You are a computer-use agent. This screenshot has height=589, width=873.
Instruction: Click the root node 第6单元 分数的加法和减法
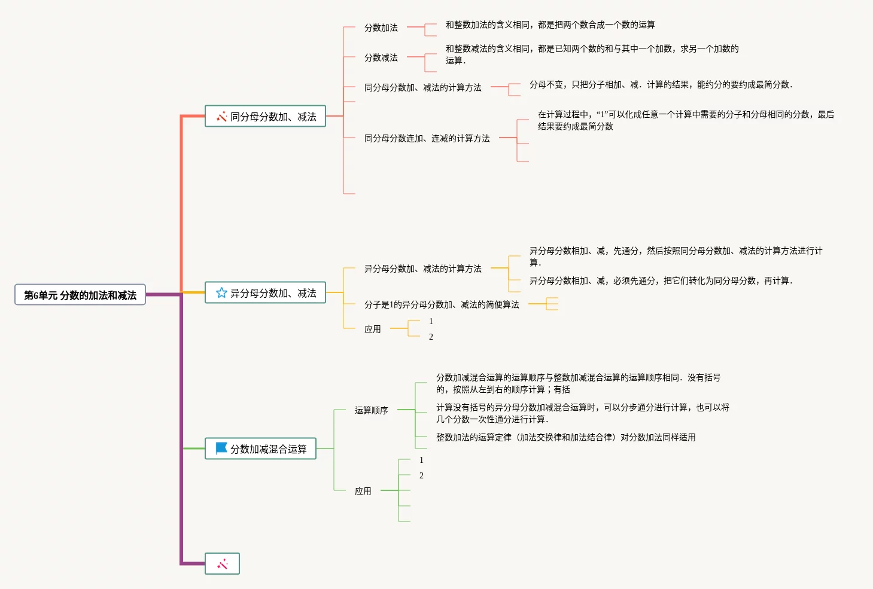click(80, 295)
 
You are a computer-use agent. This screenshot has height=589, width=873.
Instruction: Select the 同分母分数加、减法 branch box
click(265, 117)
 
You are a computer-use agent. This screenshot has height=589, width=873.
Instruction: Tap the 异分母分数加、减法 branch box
click(265, 293)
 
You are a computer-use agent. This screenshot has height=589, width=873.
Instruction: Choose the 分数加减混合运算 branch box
click(260, 448)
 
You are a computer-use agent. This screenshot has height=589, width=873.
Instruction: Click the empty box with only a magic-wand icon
click(222, 564)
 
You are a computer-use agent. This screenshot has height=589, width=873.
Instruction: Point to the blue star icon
click(221, 293)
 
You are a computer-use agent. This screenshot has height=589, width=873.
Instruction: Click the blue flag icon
click(221, 448)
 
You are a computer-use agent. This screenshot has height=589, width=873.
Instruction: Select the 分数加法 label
click(381, 28)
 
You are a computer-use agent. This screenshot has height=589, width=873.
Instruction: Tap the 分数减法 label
click(381, 57)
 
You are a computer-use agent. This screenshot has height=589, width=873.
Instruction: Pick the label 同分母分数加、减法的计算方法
click(422, 87)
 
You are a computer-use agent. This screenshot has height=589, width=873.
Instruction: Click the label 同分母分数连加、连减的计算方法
click(427, 138)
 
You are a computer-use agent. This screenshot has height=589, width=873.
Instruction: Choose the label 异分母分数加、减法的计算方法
click(422, 268)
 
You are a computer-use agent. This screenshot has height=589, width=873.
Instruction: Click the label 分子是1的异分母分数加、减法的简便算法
click(442, 304)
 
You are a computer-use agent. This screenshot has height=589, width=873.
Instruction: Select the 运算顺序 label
click(371, 410)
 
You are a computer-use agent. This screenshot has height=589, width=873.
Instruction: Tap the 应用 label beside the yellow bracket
click(372, 329)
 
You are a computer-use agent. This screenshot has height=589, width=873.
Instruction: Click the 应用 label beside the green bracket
click(363, 491)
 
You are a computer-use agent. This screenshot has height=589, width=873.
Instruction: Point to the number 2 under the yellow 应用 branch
click(431, 337)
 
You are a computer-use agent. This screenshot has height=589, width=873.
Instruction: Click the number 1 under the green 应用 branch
click(421, 460)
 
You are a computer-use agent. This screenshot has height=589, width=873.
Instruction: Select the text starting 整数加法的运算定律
click(565, 437)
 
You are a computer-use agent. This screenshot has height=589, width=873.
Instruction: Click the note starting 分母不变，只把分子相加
click(661, 85)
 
